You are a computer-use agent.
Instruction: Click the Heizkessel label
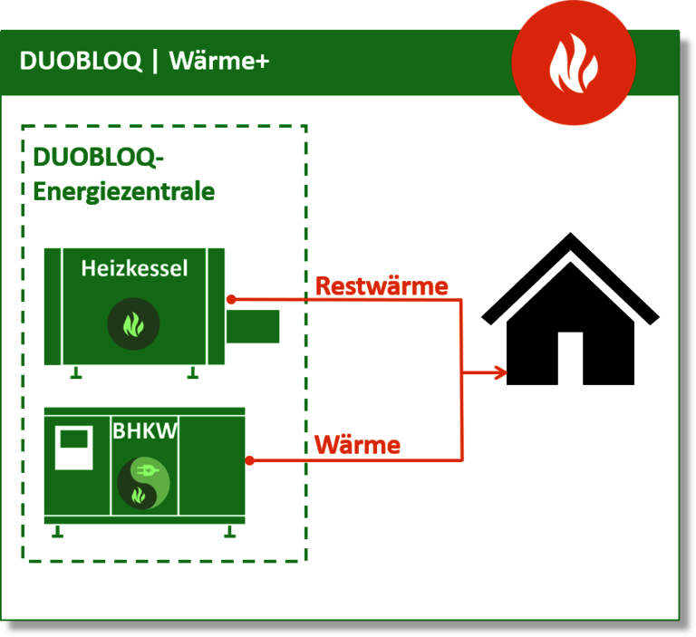134,268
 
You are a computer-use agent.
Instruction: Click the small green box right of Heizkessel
253,326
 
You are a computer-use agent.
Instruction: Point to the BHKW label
144,431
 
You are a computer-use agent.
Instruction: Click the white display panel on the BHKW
74,448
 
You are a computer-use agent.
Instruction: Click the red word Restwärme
382,286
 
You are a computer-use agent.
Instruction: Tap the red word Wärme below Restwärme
357,445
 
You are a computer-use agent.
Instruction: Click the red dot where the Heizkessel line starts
231,299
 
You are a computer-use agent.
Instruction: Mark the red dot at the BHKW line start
249,460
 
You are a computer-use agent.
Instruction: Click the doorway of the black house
569,359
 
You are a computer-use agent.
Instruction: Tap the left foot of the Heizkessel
77,372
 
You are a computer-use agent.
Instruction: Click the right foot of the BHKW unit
229,532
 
